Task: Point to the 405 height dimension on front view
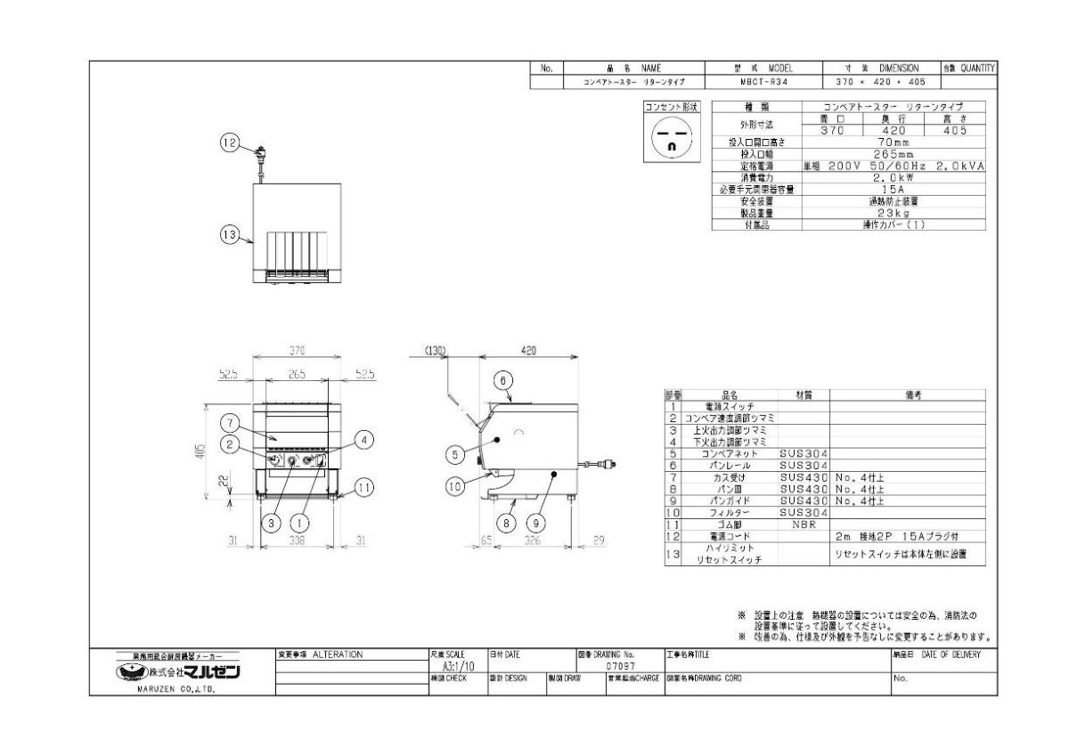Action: [x=200, y=450]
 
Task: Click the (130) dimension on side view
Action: [x=435, y=351]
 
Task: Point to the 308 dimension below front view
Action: [x=296, y=541]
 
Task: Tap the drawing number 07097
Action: [x=620, y=665]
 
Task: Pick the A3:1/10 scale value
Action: [x=459, y=665]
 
